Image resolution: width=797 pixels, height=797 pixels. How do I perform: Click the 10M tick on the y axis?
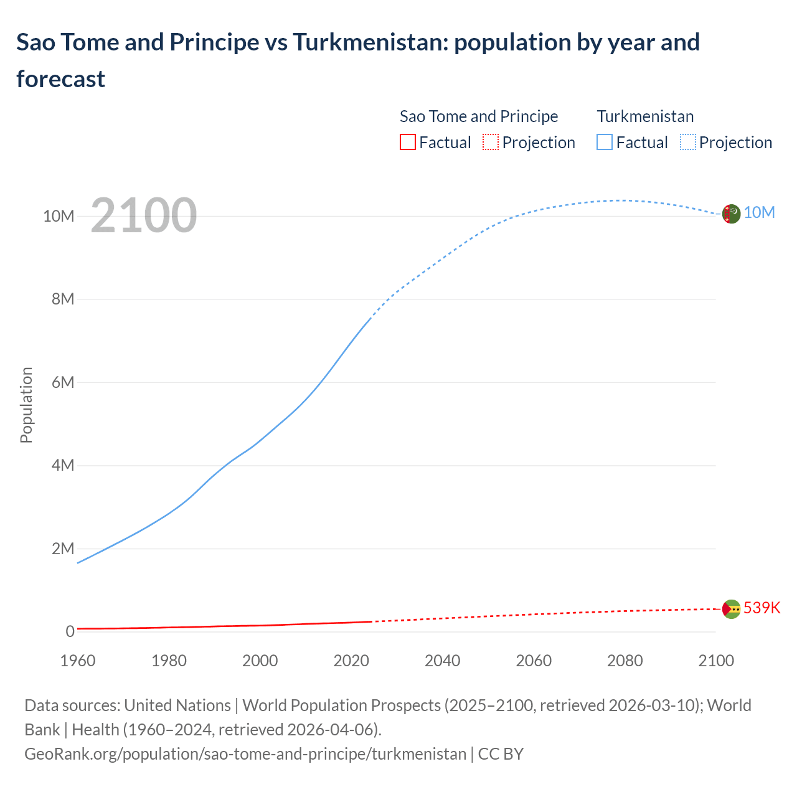(59, 216)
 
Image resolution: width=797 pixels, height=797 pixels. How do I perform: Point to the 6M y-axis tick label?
(63, 382)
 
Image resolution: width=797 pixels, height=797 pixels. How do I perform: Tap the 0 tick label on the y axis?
(70, 631)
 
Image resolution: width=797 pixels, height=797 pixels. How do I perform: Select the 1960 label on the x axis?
(78, 661)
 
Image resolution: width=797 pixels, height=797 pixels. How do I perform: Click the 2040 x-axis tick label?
(443, 661)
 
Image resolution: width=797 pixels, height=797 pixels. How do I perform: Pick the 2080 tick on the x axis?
(625, 661)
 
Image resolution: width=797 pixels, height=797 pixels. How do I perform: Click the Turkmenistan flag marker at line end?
(731, 214)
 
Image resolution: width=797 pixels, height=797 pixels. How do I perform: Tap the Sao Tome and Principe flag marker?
(731, 609)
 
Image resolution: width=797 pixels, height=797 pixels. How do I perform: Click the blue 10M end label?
(759, 213)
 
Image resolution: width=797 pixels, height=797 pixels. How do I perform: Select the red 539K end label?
(762, 608)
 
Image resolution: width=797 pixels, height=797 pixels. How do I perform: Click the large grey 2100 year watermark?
(144, 215)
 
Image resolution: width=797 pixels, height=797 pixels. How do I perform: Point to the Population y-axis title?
(26, 405)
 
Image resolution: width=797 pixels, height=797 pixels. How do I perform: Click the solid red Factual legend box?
(407, 143)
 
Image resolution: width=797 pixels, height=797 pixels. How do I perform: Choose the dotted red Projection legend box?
(491, 143)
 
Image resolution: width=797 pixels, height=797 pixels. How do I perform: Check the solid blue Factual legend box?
(604, 143)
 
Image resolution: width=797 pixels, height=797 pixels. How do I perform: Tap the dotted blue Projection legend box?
(687, 143)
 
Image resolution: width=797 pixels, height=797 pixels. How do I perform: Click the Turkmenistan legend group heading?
(645, 116)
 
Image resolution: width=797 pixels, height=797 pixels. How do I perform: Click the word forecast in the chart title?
(61, 79)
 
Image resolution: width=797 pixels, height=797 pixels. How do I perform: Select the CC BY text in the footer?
(501, 754)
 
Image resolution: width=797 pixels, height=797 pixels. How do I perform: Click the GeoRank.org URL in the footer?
(245, 754)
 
